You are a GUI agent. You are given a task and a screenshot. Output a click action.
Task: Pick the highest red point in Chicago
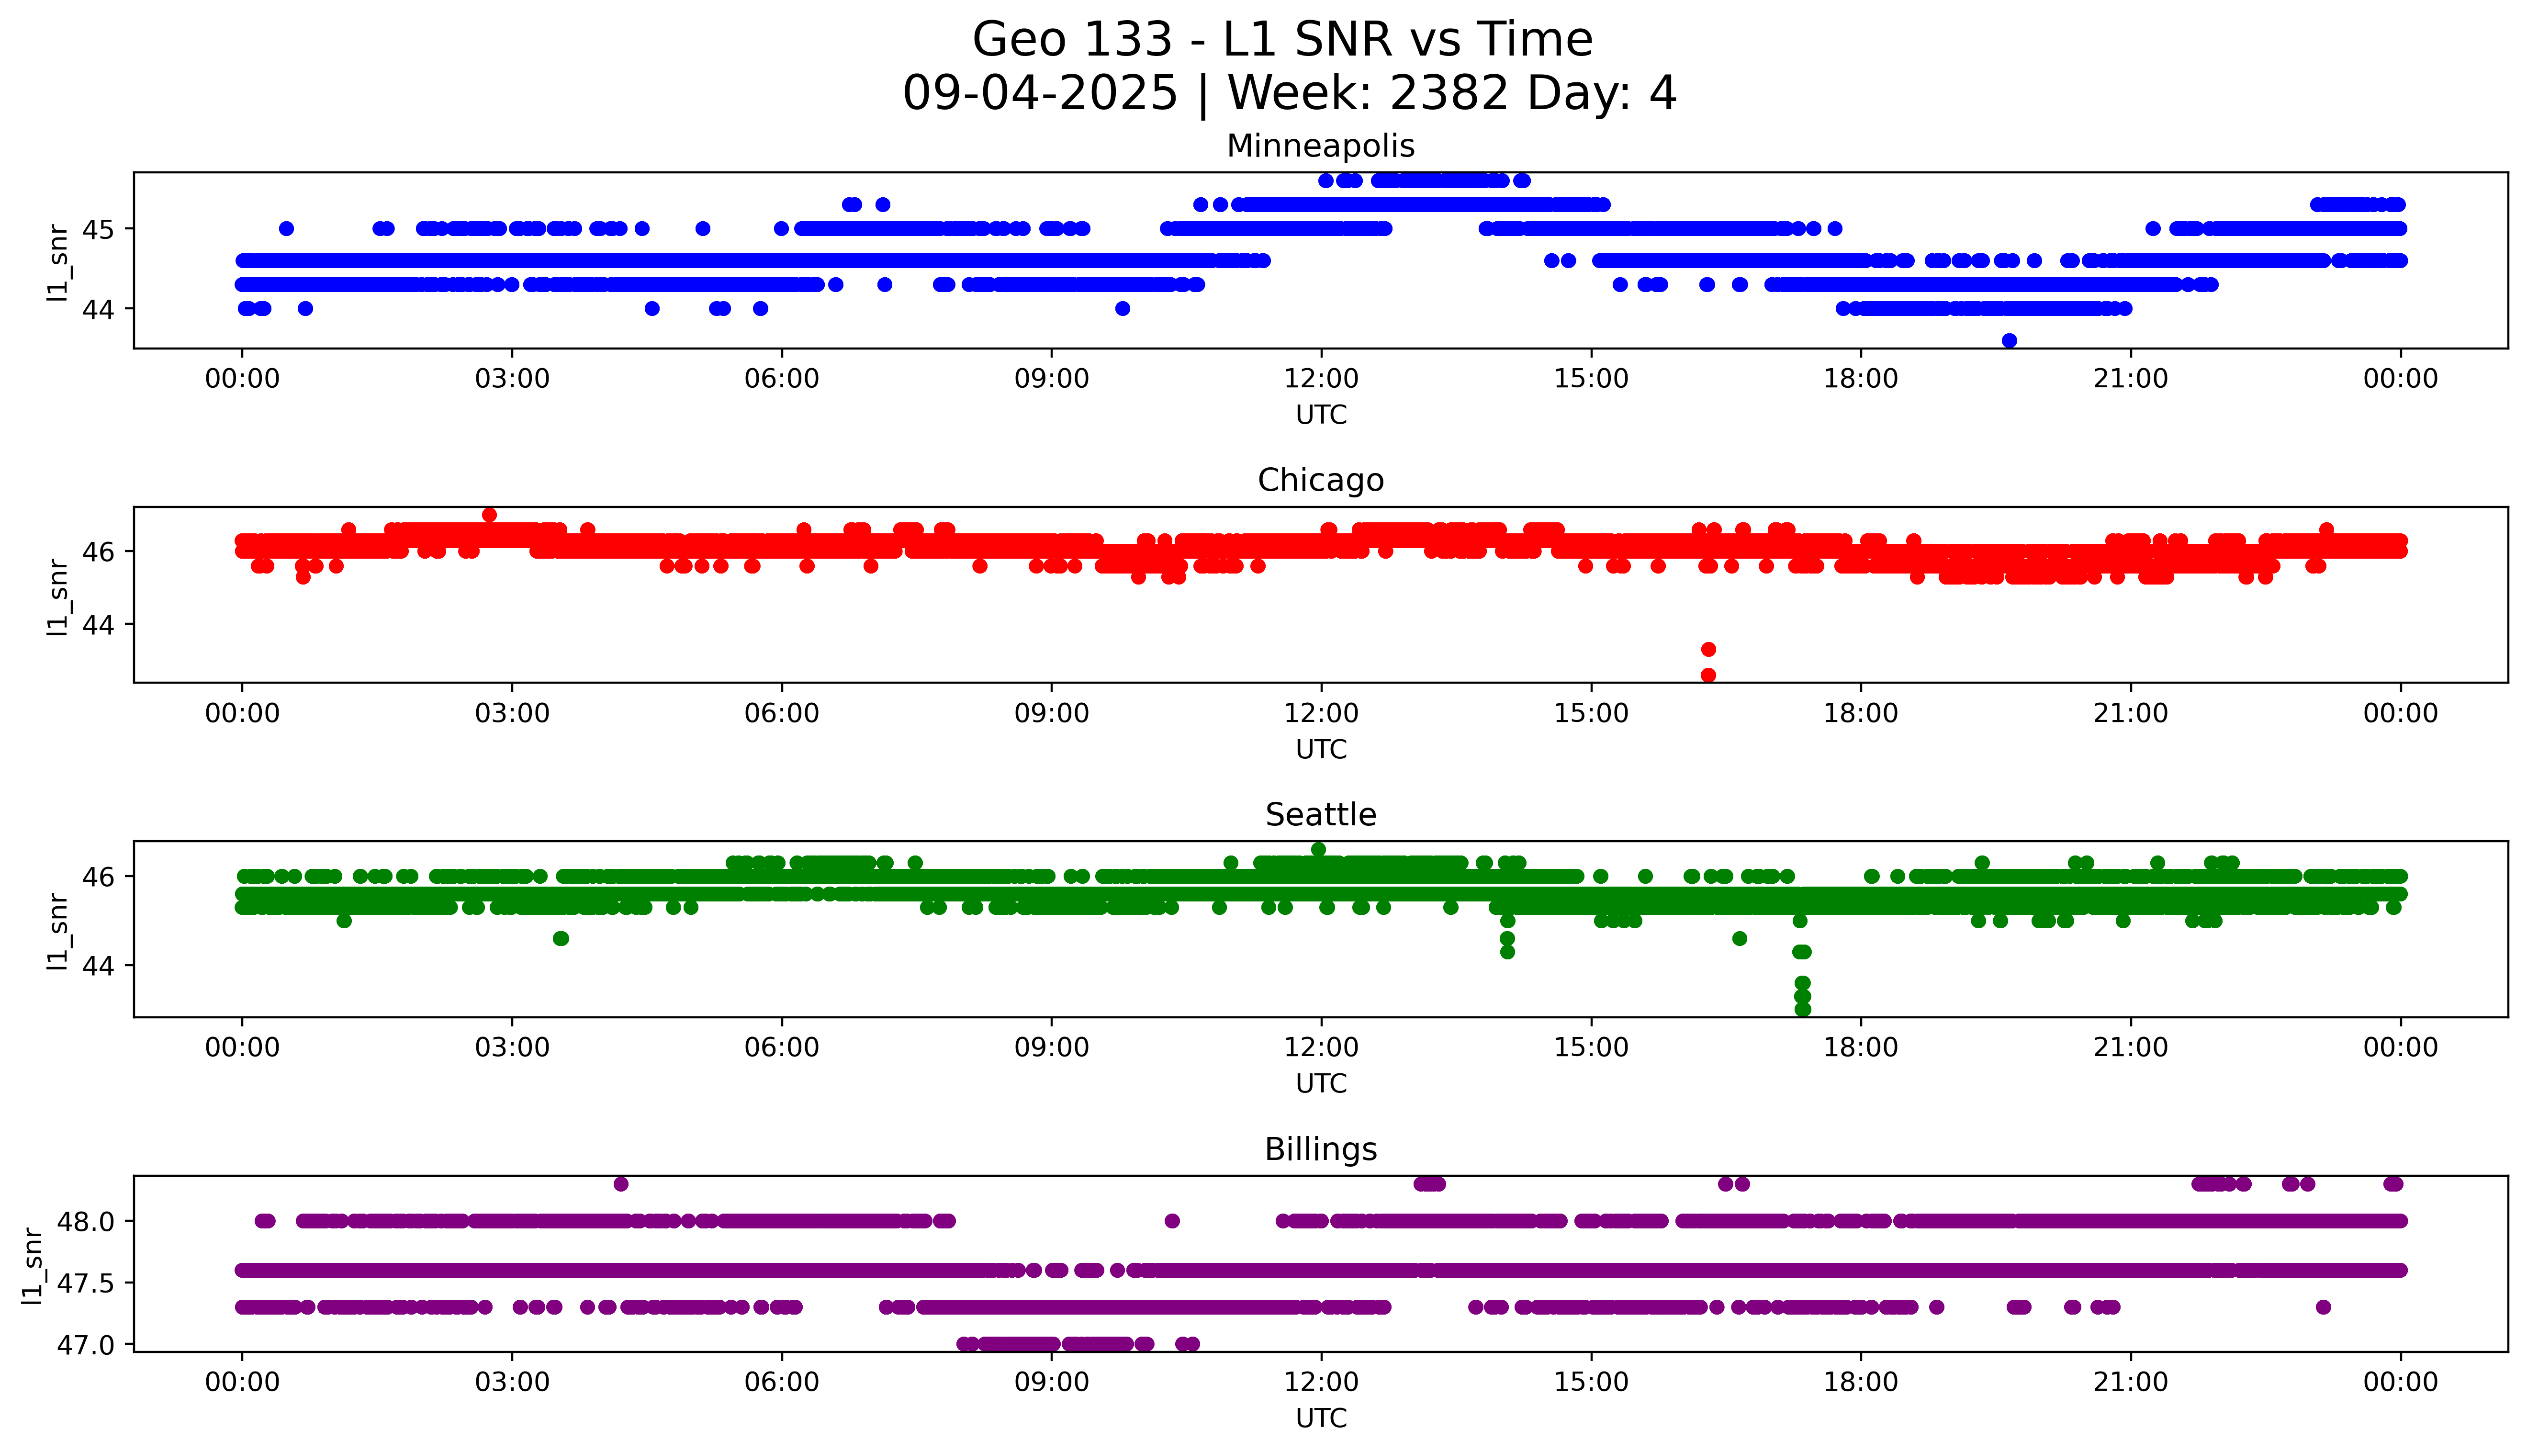(x=488, y=515)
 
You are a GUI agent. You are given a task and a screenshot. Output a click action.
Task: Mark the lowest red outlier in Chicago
(x=1707, y=675)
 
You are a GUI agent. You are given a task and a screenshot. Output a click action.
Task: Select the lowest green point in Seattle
(x=1802, y=1009)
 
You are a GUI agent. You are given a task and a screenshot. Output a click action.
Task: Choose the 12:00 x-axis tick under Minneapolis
(x=1321, y=379)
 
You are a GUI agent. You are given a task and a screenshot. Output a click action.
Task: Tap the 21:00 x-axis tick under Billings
(x=2130, y=1382)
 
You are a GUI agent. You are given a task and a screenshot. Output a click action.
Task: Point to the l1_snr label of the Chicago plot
(x=58, y=597)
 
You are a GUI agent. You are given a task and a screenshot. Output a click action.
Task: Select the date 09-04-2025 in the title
(x=1040, y=93)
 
